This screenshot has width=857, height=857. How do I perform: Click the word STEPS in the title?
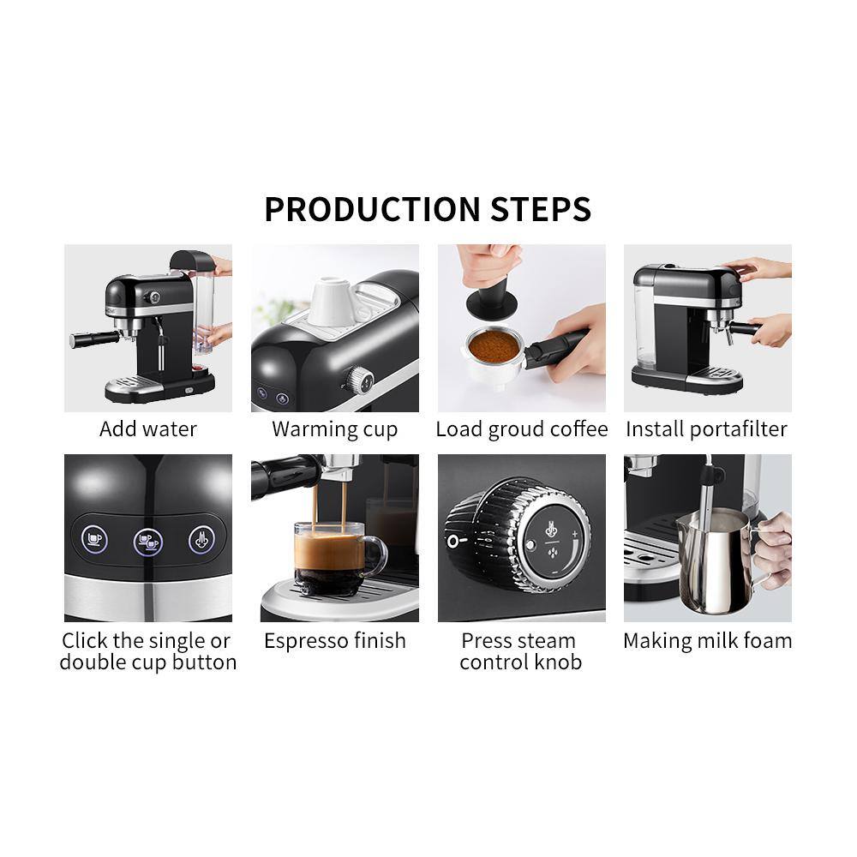coord(541,209)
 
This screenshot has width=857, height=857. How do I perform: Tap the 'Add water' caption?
coord(148,428)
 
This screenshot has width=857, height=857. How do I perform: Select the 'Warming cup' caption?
coord(334,428)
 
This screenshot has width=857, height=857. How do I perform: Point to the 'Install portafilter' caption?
coord(706,428)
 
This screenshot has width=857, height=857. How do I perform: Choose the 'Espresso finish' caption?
coord(334,640)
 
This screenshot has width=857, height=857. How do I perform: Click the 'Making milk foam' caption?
coord(707,640)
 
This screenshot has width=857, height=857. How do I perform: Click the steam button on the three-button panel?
coord(201,540)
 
